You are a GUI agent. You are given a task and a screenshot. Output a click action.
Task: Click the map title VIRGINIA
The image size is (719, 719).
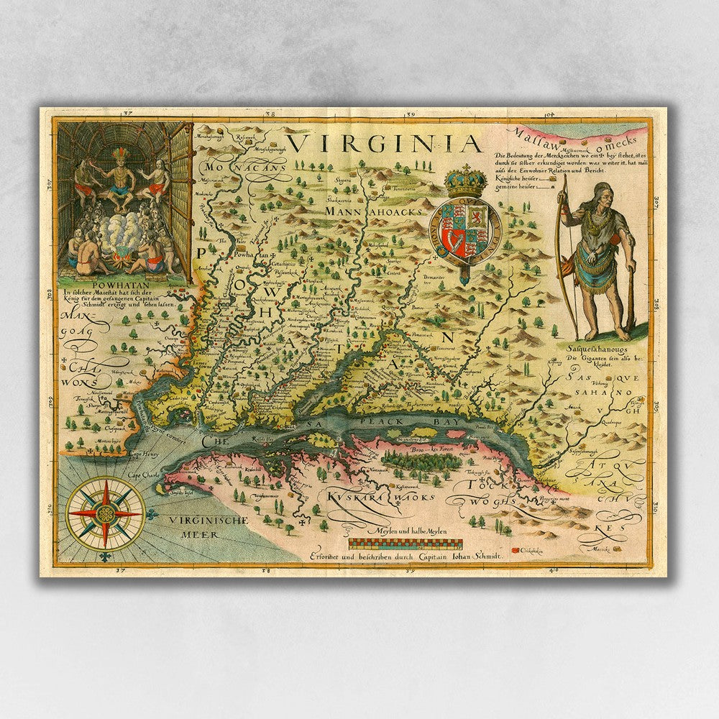tap(387, 143)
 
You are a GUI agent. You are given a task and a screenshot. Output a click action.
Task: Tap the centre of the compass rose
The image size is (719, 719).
tap(105, 513)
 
